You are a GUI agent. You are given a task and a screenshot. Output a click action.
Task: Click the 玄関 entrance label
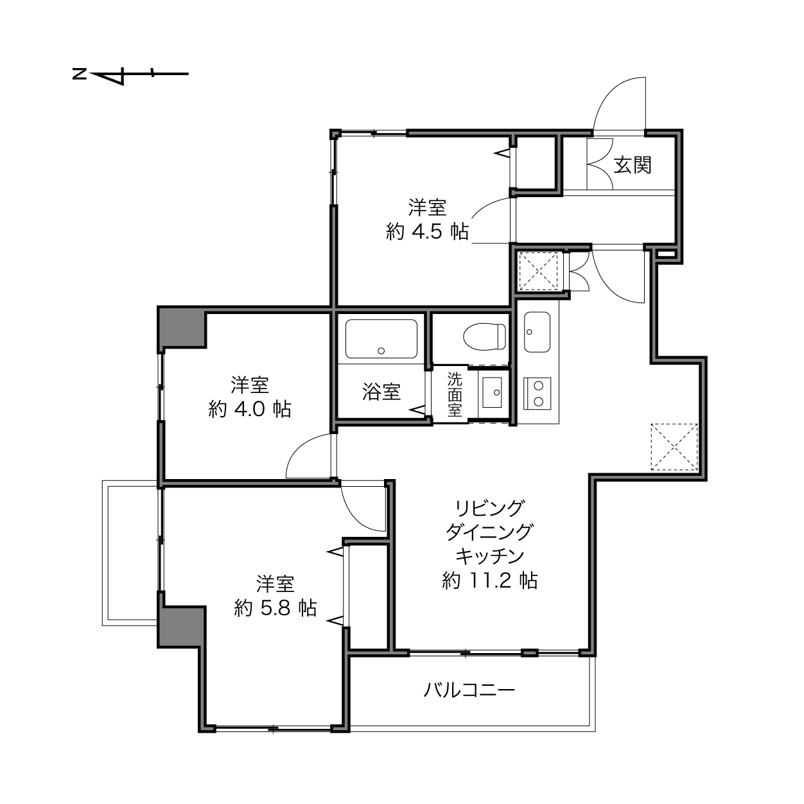tap(632, 165)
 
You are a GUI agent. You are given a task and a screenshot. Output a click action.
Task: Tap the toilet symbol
tap(484, 336)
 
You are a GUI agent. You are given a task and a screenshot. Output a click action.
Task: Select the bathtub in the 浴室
tap(381, 339)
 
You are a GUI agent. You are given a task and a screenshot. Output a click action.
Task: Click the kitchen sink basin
tap(537, 332)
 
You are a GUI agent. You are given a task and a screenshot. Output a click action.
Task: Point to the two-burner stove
tap(537, 394)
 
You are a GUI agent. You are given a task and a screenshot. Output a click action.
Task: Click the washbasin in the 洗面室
tap(493, 392)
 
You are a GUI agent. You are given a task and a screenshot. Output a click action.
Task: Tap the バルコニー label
tap(469, 690)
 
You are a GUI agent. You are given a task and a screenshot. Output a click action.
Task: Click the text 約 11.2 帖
tap(489, 581)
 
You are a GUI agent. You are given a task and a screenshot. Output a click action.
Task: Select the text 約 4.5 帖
tap(427, 231)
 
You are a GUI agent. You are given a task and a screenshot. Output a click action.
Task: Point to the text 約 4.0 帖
tap(250, 409)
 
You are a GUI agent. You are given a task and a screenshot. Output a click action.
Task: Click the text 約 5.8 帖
tap(275, 608)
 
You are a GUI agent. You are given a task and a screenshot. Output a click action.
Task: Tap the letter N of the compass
tap(79, 74)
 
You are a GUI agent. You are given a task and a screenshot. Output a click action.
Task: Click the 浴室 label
tap(381, 392)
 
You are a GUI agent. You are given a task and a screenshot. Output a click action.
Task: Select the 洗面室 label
tap(455, 394)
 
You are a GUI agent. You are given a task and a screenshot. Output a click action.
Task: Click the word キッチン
tap(489, 555)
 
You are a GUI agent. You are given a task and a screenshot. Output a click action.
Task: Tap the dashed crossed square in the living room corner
tap(674, 447)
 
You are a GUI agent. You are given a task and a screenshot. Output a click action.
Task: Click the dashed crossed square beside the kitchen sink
tap(537, 272)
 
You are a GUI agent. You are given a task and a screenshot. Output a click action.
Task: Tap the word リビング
tap(489, 508)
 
